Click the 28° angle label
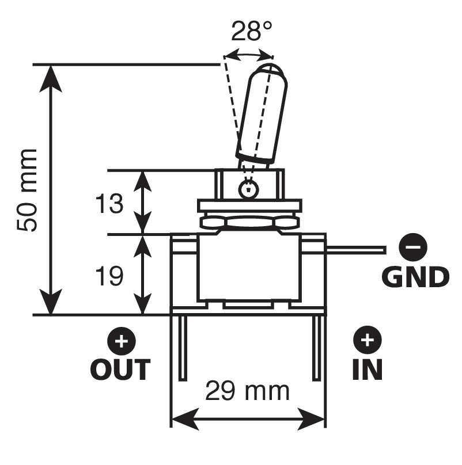tap(251, 31)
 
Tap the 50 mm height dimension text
tap(27, 190)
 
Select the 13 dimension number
tap(109, 204)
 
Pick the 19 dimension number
tap(109, 276)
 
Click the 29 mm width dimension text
tap(247, 391)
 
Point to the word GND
tap(415, 277)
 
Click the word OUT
tap(120, 369)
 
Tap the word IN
tap(368, 369)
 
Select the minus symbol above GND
tap(413, 247)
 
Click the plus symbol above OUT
tap(122, 341)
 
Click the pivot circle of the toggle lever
tap(248, 189)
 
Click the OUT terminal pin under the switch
tap(183, 347)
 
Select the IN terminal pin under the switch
tap(317, 347)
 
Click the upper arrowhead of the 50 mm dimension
tap(51, 79)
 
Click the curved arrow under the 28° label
tap(249, 54)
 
